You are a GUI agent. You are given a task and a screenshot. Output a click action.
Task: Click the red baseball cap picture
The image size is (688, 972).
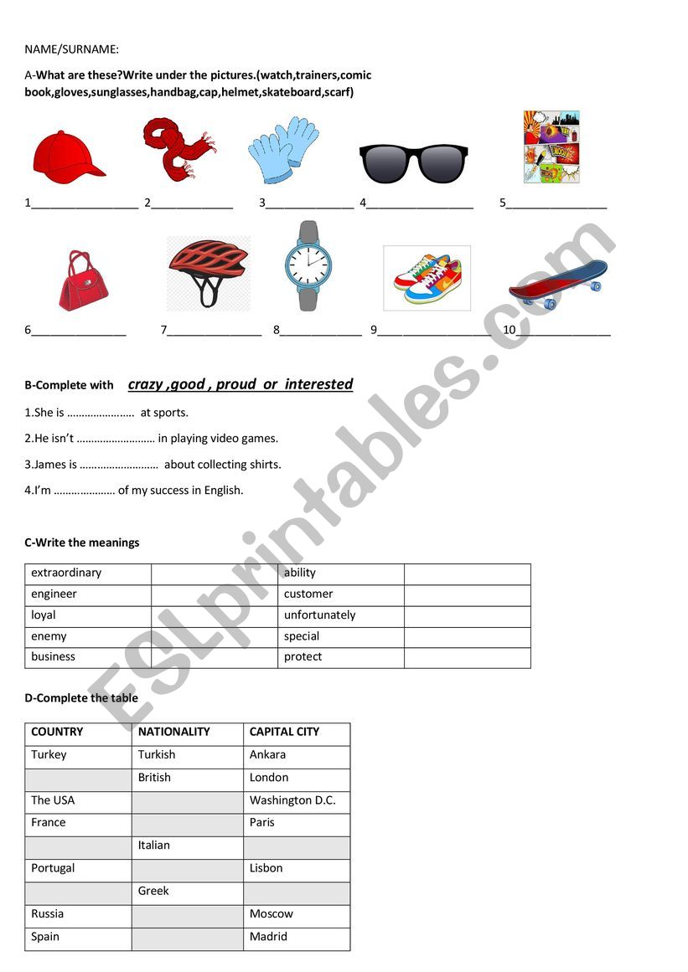coord(68,155)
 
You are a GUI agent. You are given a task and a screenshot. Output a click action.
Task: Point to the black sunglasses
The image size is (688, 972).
coord(413,162)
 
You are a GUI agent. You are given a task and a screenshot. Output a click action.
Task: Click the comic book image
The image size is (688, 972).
coord(551,147)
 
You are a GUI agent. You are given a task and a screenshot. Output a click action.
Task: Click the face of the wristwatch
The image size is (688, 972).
coord(308,266)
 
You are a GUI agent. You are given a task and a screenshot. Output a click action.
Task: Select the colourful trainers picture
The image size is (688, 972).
coord(427,278)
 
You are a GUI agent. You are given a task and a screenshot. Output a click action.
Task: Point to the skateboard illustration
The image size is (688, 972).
coord(557,282)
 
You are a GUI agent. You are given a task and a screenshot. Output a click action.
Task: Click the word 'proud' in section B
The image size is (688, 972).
coord(235,384)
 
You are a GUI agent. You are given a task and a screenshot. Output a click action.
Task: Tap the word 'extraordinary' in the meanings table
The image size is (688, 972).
coord(66,573)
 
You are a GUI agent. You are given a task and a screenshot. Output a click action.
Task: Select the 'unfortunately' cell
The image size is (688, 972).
coord(319,615)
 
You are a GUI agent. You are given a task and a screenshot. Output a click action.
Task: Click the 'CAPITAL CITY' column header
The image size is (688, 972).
coord(284,732)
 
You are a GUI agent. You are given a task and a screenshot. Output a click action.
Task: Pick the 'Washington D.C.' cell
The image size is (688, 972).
coord(292,800)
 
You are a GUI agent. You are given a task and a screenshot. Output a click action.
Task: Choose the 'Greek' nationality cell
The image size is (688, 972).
coord(153,891)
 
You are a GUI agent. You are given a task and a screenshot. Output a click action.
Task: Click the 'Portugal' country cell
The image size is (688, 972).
coord(53,868)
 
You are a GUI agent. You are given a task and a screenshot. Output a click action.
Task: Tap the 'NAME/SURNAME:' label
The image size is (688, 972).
coord(71,50)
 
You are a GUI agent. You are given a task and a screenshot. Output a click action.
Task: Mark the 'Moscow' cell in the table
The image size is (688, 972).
coord(272,913)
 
